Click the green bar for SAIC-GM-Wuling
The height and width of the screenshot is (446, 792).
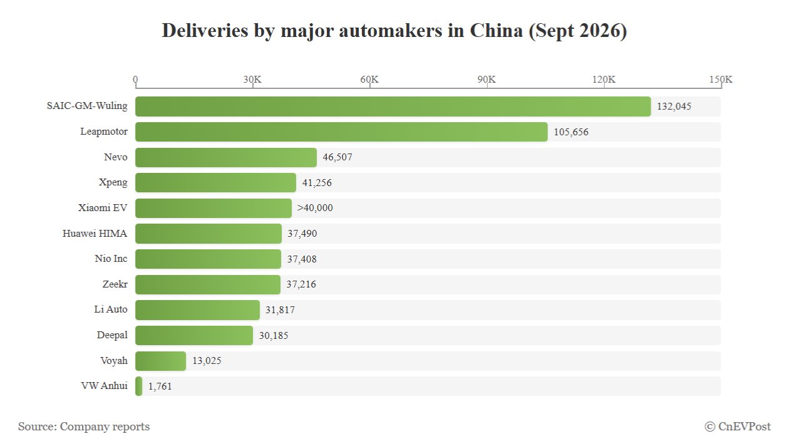point(393,106)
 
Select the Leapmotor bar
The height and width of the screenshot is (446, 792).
point(341,132)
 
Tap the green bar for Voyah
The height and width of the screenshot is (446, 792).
point(160,361)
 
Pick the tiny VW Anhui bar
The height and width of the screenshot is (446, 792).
point(138,386)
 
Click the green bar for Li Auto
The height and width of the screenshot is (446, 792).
point(197,310)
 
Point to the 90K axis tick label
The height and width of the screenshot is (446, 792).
point(486,79)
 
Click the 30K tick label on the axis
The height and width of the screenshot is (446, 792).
point(252,79)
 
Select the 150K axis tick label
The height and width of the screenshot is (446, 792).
point(721,79)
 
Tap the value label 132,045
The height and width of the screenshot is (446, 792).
point(674,106)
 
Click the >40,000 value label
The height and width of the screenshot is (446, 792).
point(315,208)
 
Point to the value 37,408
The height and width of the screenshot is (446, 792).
point(302,259)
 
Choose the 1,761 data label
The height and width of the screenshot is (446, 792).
point(160,386)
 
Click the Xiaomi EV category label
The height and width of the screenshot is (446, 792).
point(103,207)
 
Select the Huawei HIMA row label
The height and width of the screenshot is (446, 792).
point(95,234)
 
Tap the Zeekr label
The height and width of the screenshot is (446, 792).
point(115,284)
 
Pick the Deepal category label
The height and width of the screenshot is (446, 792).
point(112,335)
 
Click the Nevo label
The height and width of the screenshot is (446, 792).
point(116,157)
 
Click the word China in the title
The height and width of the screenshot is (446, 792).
point(496,31)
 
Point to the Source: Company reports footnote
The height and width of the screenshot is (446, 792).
point(84,427)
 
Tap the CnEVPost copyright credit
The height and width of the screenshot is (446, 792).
point(738,427)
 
